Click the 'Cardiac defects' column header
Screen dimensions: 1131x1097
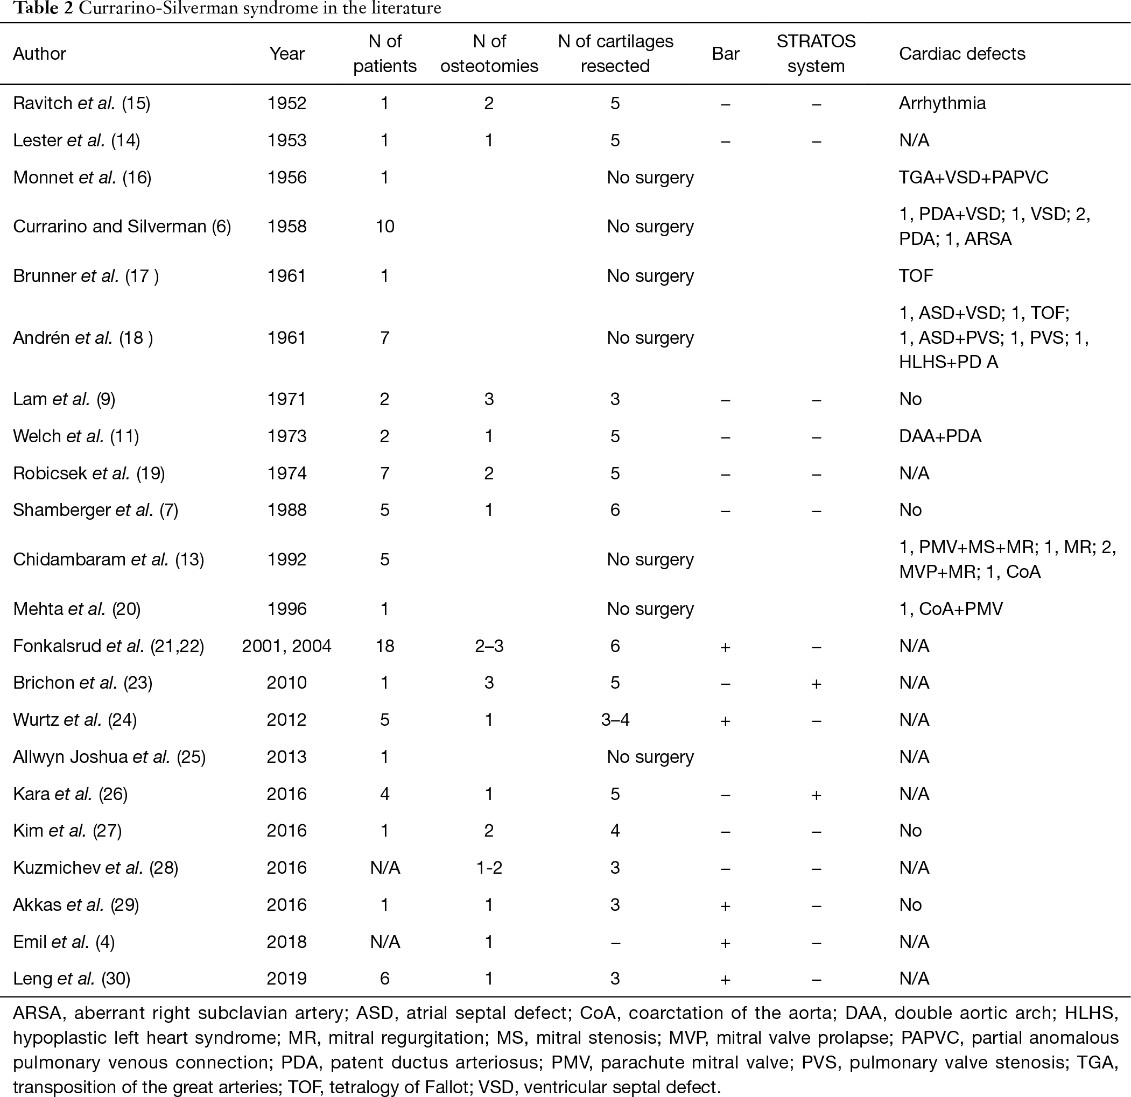962,54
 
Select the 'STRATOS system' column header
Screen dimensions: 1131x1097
816,54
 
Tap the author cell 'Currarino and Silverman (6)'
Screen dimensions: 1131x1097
122,226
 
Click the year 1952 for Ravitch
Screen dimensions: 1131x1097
287,103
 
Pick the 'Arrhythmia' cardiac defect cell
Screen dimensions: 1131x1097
942,103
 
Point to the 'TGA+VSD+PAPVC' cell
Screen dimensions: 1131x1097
973,177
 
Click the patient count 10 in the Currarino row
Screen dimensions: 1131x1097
385,226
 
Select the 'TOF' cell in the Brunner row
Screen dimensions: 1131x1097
916,275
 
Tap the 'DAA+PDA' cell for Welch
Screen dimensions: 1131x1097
940,436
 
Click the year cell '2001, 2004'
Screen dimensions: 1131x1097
287,646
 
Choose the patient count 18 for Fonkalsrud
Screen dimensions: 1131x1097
385,646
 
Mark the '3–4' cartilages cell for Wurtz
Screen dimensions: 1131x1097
615,720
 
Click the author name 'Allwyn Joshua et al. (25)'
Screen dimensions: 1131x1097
109,757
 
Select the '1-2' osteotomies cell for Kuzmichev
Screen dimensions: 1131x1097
489,867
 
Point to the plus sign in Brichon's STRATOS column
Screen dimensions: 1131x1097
816,683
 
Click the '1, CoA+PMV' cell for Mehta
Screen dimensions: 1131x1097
951,609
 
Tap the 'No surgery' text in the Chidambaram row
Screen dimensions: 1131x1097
650,560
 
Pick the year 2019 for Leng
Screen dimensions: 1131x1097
287,979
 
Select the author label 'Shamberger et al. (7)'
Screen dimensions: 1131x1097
95,510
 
